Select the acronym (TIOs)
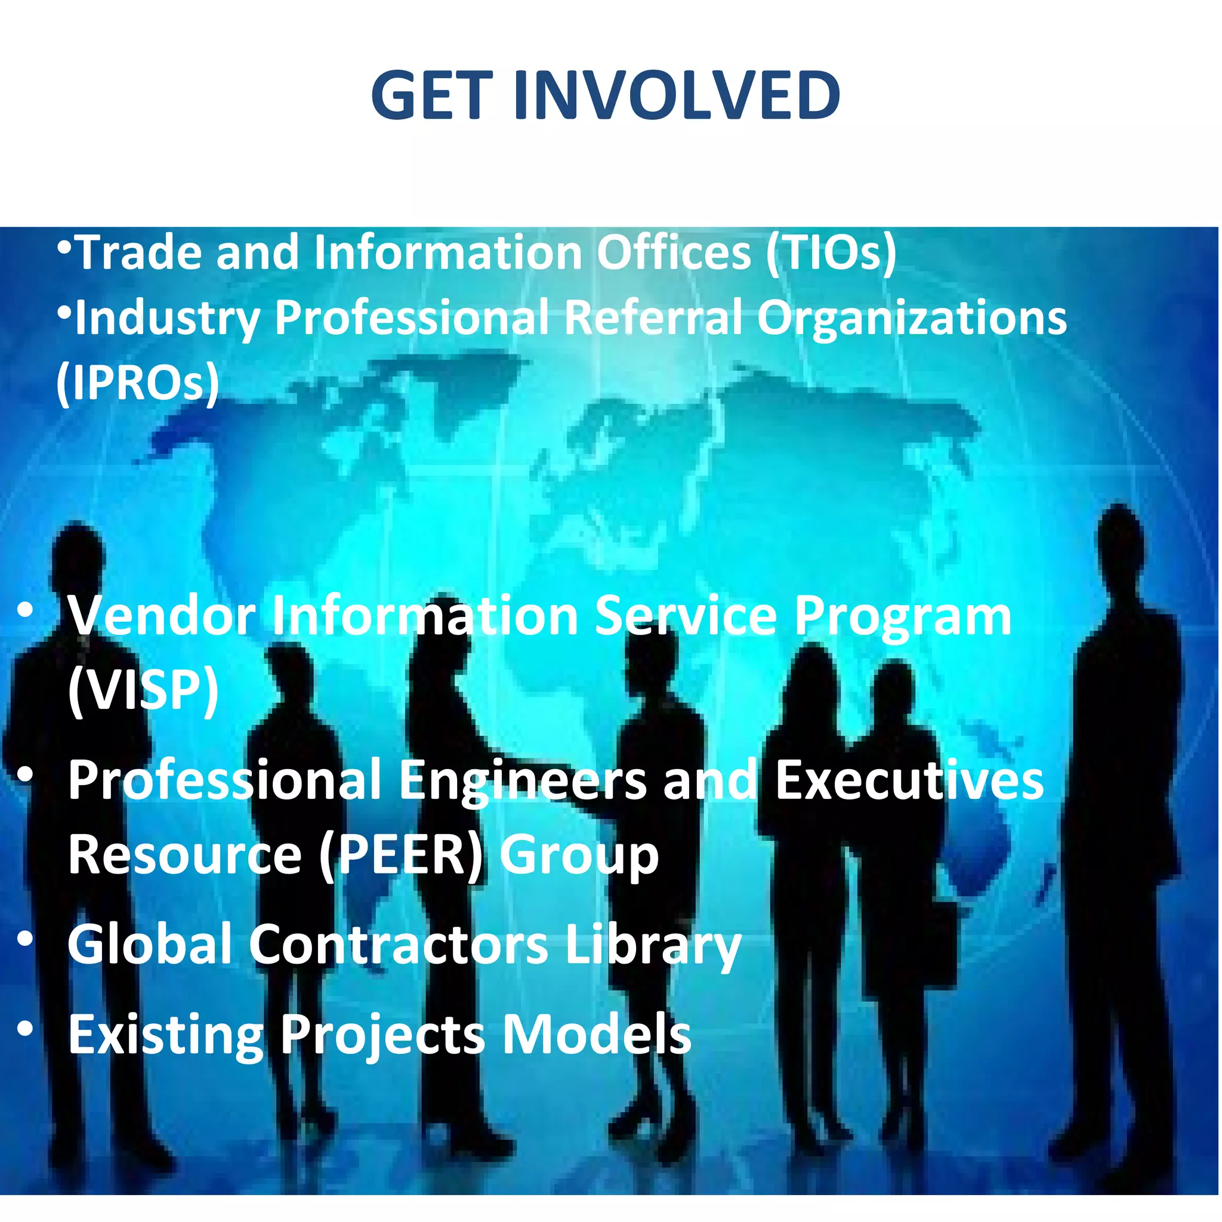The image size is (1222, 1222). tap(831, 253)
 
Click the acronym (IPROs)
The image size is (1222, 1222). tap(138, 382)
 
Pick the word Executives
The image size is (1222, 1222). tap(909, 780)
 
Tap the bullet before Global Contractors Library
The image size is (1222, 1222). tap(25, 940)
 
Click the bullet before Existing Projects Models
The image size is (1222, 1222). tap(25, 1030)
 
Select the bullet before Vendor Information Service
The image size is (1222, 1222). tap(25, 610)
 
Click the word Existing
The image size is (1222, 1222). tap(166, 1036)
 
